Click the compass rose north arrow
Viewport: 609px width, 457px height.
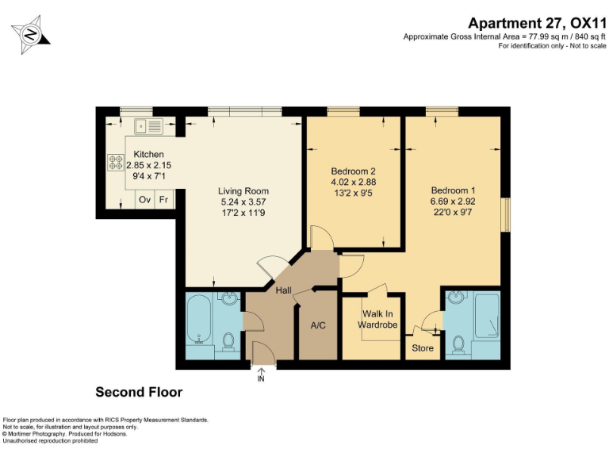(x=30, y=34)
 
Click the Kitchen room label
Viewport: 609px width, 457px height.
(x=148, y=154)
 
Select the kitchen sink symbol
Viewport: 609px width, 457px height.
(x=148, y=125)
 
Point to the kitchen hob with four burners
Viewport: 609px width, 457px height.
(x=114, y=163)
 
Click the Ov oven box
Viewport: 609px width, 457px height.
(x=145, y=199)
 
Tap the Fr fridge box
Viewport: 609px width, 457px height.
(x=164, y=199)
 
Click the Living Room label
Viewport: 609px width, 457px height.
(x=243, y=191)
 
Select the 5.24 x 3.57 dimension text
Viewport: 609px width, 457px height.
(x=243, y=202)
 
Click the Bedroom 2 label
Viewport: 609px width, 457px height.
(x=353, y=171)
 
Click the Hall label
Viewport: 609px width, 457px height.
(x=283, y=291)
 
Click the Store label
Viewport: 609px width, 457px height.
(x=423, y=348)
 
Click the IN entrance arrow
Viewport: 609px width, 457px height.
(x=262, y=375)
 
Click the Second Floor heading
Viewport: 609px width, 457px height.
(x=139, y=392)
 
